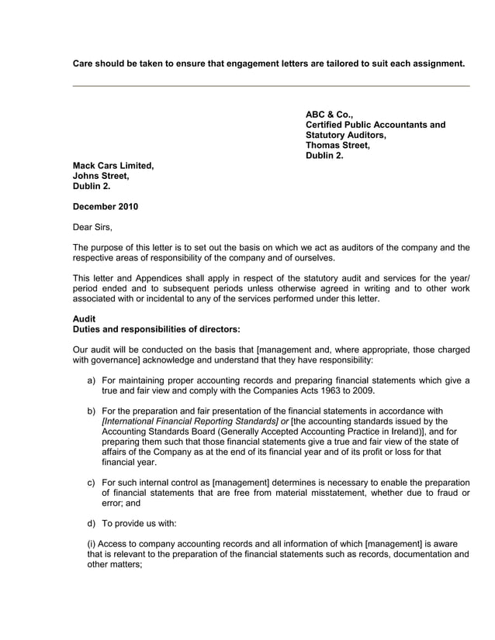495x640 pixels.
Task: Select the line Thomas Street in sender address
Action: point(337,145)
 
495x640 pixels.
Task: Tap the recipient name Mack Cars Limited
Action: point(112,166)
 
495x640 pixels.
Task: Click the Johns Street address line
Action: point(100,176)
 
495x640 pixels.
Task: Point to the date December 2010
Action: point(105,207)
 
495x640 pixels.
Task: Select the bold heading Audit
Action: point(84,318)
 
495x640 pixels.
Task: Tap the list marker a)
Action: point(92,380)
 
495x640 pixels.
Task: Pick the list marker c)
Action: point(92,482)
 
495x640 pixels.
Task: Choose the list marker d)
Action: point(92,523)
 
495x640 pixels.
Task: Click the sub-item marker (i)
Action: point(92,543)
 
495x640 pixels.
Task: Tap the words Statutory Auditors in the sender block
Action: point(345,135)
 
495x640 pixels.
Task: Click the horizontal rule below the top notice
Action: point(271,86)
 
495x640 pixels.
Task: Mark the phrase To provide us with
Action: point(139,523)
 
